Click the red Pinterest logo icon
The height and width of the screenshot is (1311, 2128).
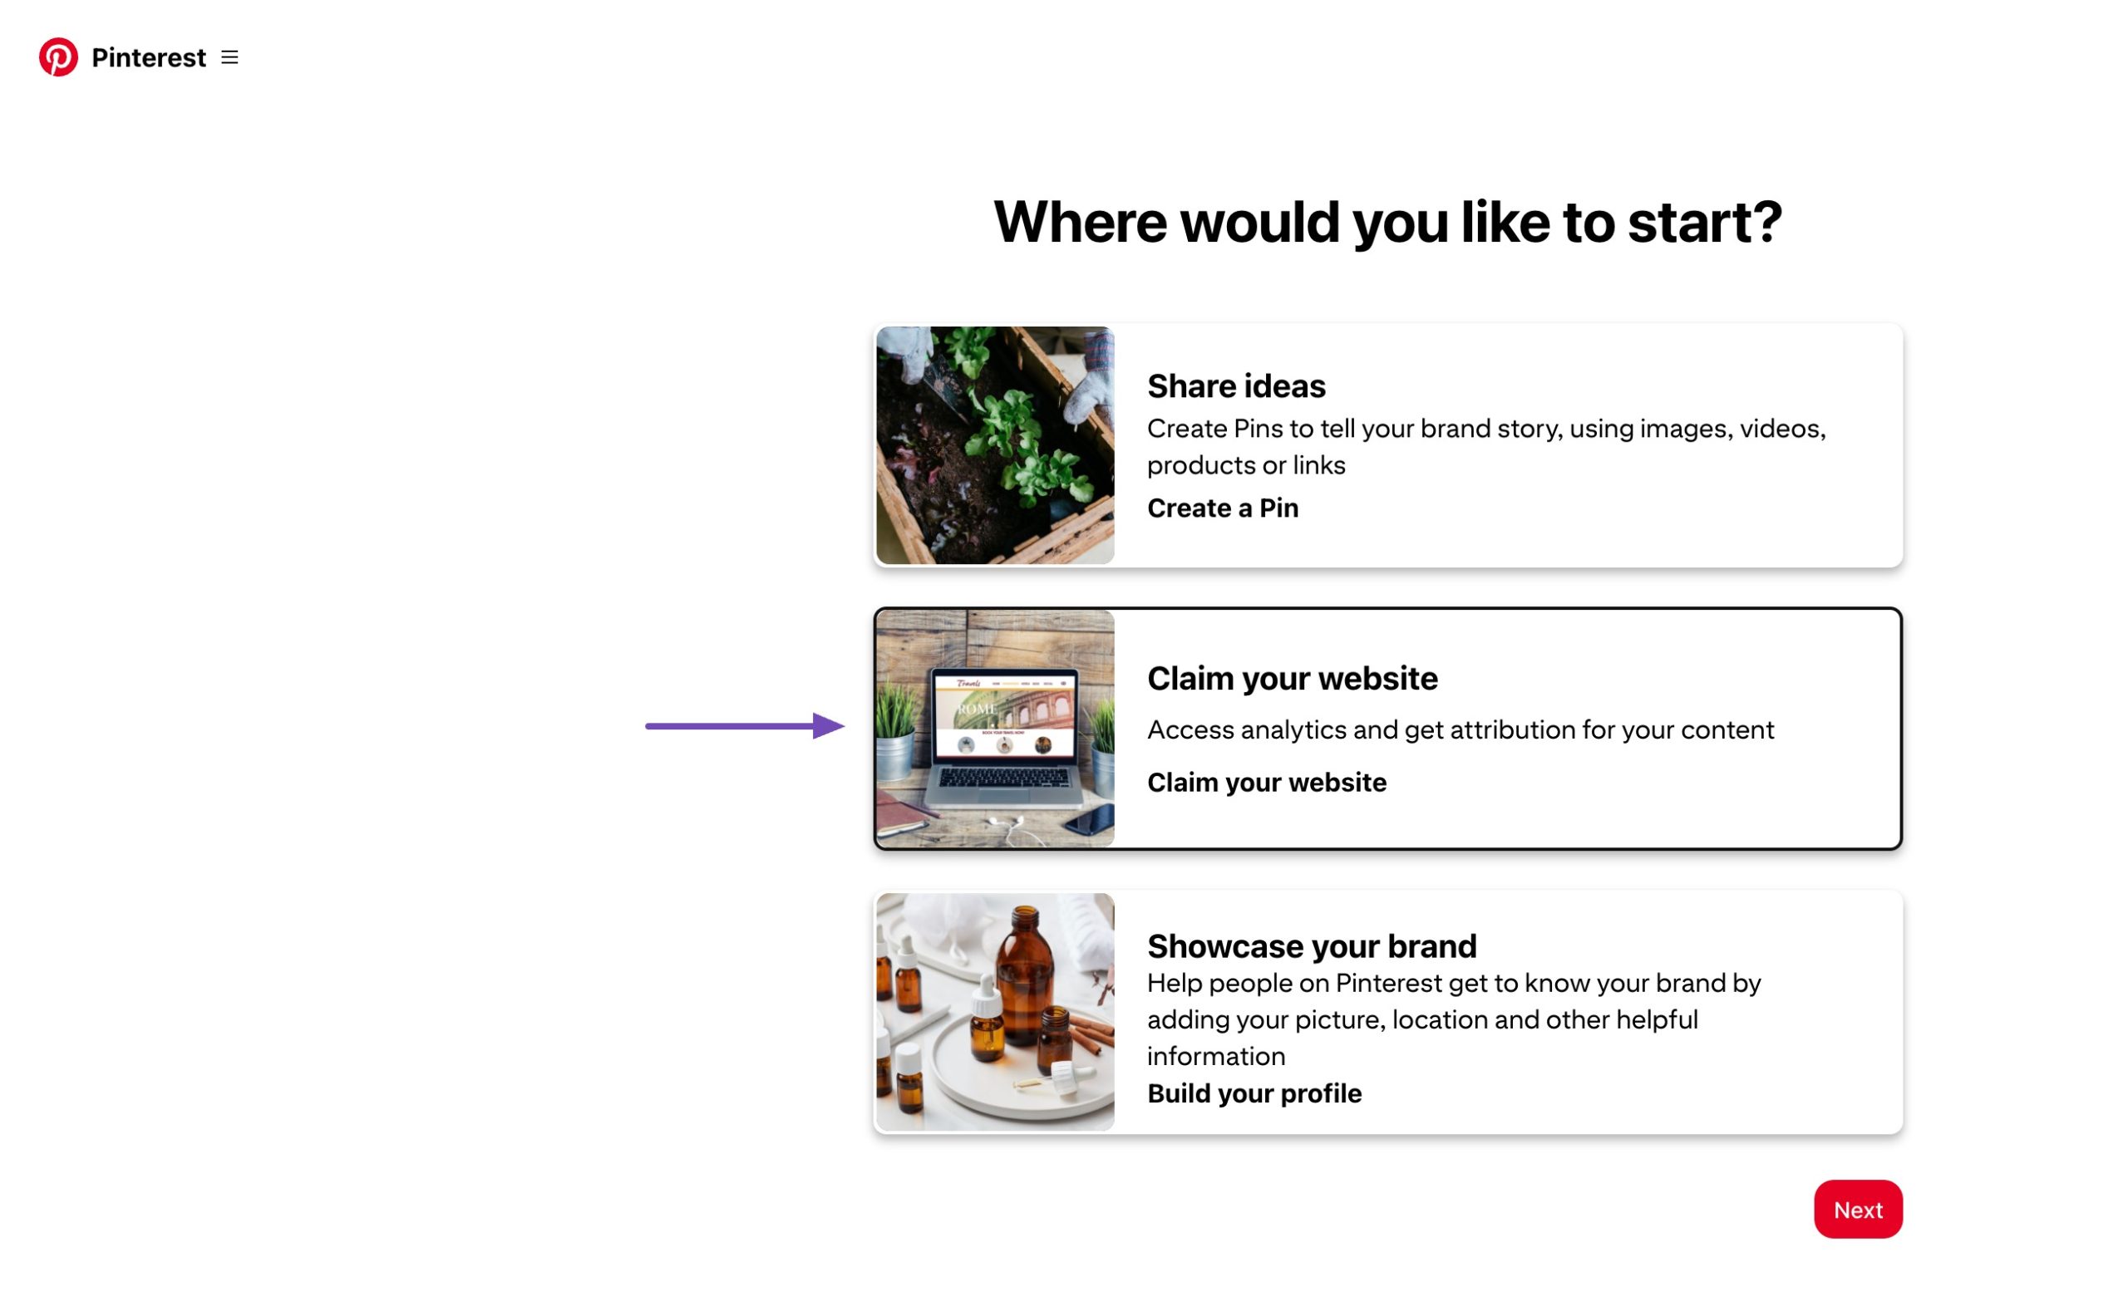tap(58, 57)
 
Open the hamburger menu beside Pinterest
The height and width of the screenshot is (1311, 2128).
tap(229, 57)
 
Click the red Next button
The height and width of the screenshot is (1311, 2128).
tap(1856, 1209)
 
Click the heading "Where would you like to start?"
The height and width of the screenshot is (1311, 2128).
tap(1387, 222)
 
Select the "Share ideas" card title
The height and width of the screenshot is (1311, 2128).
tap(1235, 385)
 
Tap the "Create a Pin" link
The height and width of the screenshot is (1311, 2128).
tap(1221, 508)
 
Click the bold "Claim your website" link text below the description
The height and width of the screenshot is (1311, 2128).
tap(1266, 782)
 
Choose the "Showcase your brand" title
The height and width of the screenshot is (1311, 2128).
tap(1311, 946)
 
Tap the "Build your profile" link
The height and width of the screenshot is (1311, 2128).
tap(1254, 1093)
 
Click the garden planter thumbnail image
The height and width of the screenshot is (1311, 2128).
tap(994, 445)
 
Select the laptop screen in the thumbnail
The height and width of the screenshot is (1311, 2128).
tap(1002, 715)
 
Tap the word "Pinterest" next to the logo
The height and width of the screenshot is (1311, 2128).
tap(148, 57)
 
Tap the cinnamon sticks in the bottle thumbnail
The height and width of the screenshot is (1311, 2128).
tap(1091, 1032)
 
